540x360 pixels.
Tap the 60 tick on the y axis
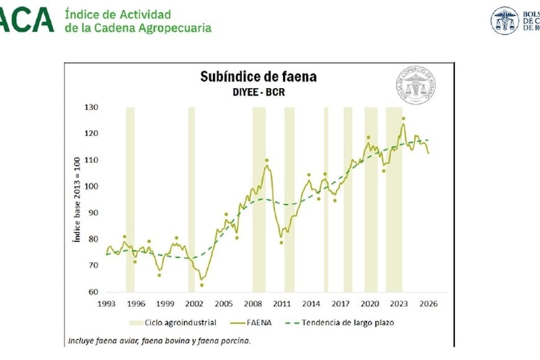click(92, 292)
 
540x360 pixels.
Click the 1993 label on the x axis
click(106, 304)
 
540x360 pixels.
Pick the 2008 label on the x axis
click(253, 304)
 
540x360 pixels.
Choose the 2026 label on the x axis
click(428, 304)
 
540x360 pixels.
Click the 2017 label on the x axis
click(340, 304)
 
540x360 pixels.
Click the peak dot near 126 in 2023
click(403, 119)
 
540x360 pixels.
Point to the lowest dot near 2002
click(202, 286)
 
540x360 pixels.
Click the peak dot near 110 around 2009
click(267, 160)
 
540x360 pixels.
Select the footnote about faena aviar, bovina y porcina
click(160, 341)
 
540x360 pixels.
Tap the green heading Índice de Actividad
click(118, 14)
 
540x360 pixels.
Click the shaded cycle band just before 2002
click(191, 199)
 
